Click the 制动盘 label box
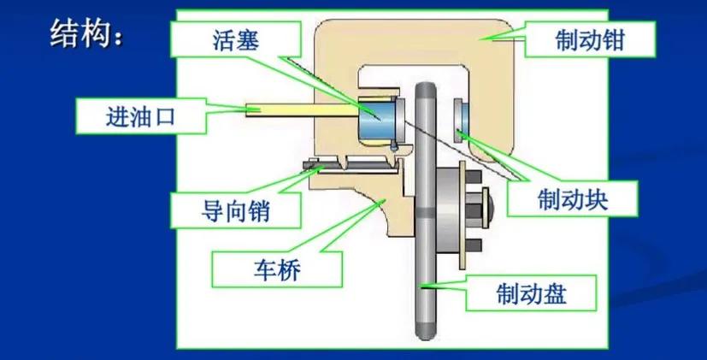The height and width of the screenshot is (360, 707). pyautogui.click(x=531, y=296)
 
